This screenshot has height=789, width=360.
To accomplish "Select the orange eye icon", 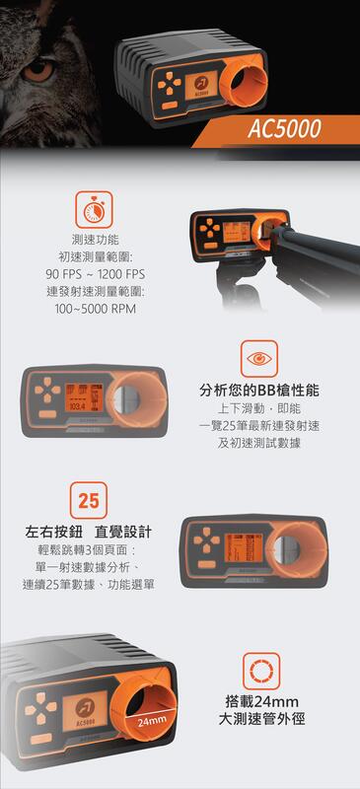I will [258, 357].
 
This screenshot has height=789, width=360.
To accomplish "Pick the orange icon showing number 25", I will [88, 500].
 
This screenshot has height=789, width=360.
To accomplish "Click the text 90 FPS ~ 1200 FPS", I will [95, 273].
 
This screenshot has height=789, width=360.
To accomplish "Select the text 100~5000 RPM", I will [95, 309].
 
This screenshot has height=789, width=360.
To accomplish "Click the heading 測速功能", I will [95, 239].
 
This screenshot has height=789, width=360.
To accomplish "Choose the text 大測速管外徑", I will [260, 721].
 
